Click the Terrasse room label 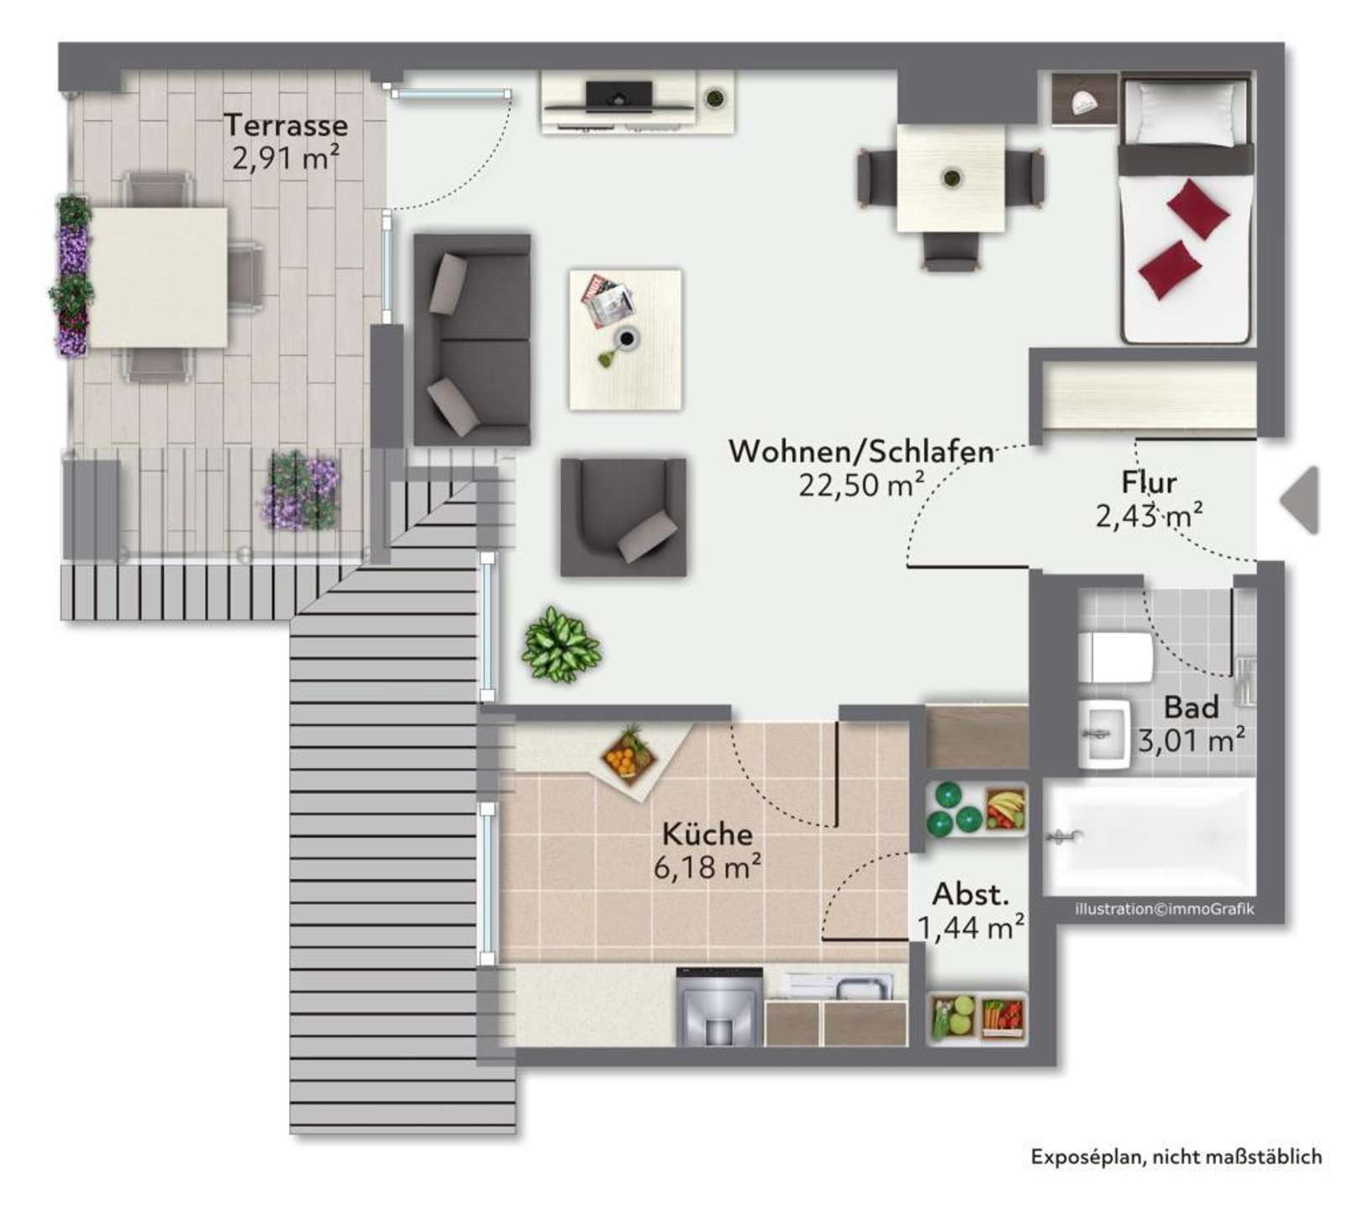tap(286, 125)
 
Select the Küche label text tap(708, 834)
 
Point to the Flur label tap(1149, 482)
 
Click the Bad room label tap(1192, 708)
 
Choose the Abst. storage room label tap(971, 894)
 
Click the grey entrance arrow tap(1298, 501)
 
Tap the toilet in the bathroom tap(1116, 656)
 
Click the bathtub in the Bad tap(1150, 837)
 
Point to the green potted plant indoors tap(560, 645)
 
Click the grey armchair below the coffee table tap(624, 517)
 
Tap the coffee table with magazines tap(625, 339)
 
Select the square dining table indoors tap(951, 178)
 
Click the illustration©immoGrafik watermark tap(1165, 909)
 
